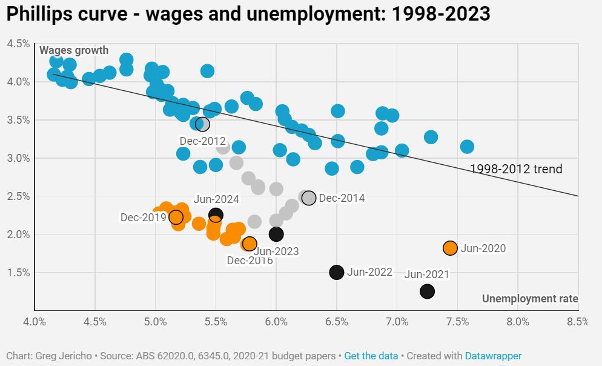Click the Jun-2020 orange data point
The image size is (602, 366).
point(450,248)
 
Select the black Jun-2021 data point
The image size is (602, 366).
point(427,291)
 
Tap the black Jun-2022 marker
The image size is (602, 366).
point(337,272)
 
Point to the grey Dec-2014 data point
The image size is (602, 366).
point(309,198)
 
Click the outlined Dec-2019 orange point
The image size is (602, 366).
point(176,217)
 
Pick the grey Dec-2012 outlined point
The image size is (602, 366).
point(202,124)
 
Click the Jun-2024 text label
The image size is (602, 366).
point(216,199)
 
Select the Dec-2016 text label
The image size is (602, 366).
point(250,261)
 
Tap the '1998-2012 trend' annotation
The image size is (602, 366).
point(516,169)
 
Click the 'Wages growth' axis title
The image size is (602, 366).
point(74,50)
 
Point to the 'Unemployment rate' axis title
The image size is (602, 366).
point(530,299)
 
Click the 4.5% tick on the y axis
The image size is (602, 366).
point(18,44)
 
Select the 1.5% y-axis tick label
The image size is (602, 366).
point(18,273)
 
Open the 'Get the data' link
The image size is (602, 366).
point(371,356)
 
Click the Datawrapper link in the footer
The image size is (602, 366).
point(493,356)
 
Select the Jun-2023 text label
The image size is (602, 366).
point(276,251)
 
